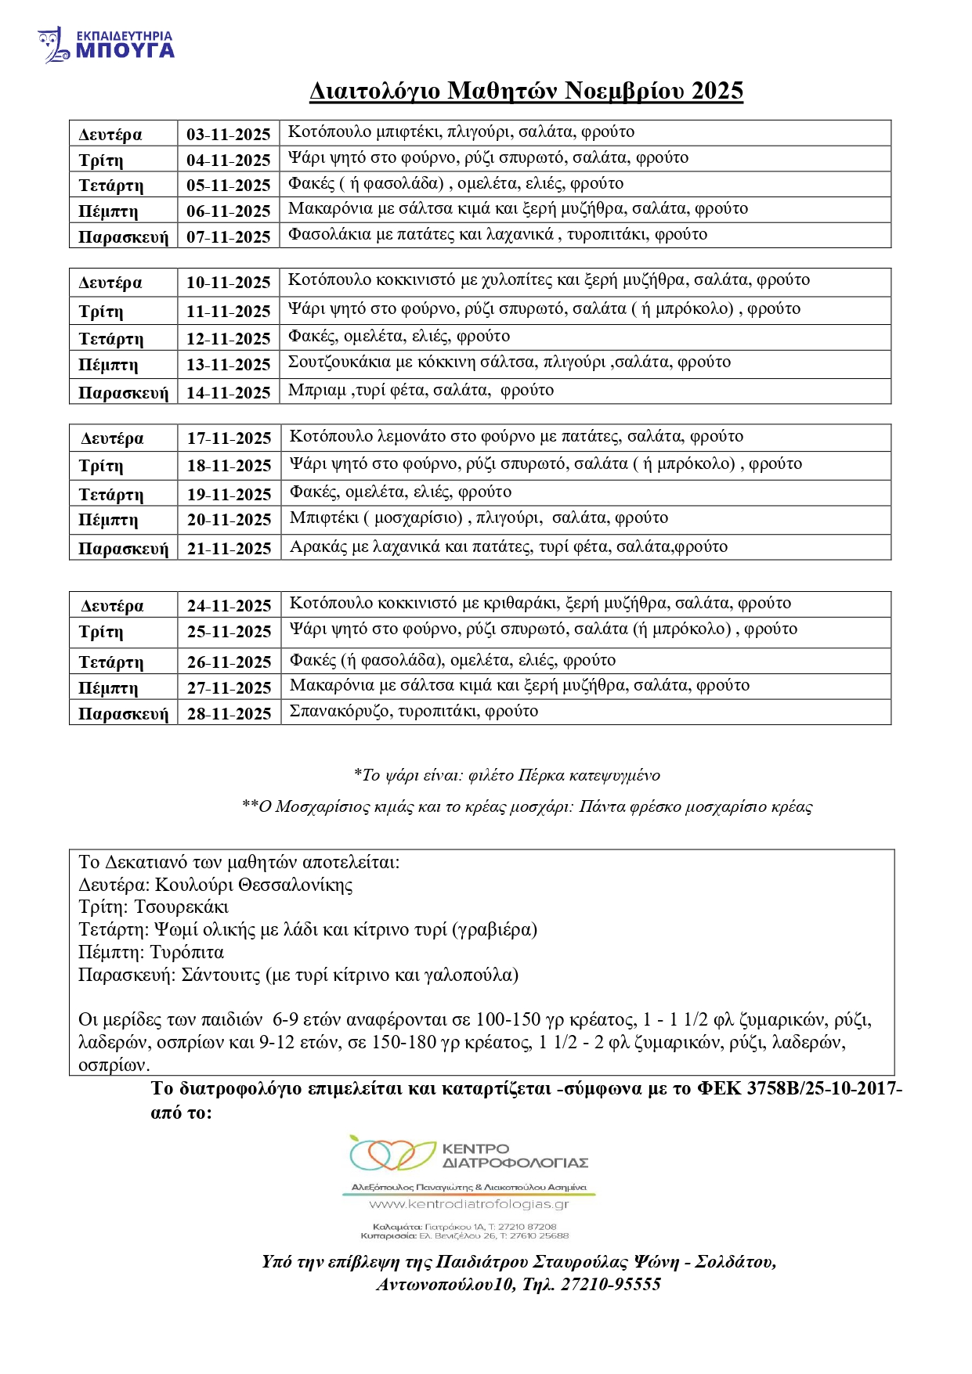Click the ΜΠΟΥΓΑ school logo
pyautogui.click(x=106, y=45)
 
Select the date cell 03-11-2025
pyautogui.click(x=228, y=134)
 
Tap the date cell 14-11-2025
pyautogui.click(x=228, y=392)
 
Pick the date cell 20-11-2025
pyautogui.click(x=229, y=519)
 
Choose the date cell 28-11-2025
pyautogui.click(x=229, y=713)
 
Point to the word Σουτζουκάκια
pyautogui.click(x=340, y=362)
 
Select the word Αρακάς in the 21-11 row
pyautogui.click(x=318, y=546)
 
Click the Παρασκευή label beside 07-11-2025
pyautogui.click(x=123, y=237)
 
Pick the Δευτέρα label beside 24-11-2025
pyautogui.click(x=112, y=605)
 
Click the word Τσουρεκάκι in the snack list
pyautogui.click(x=181, y=907)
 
